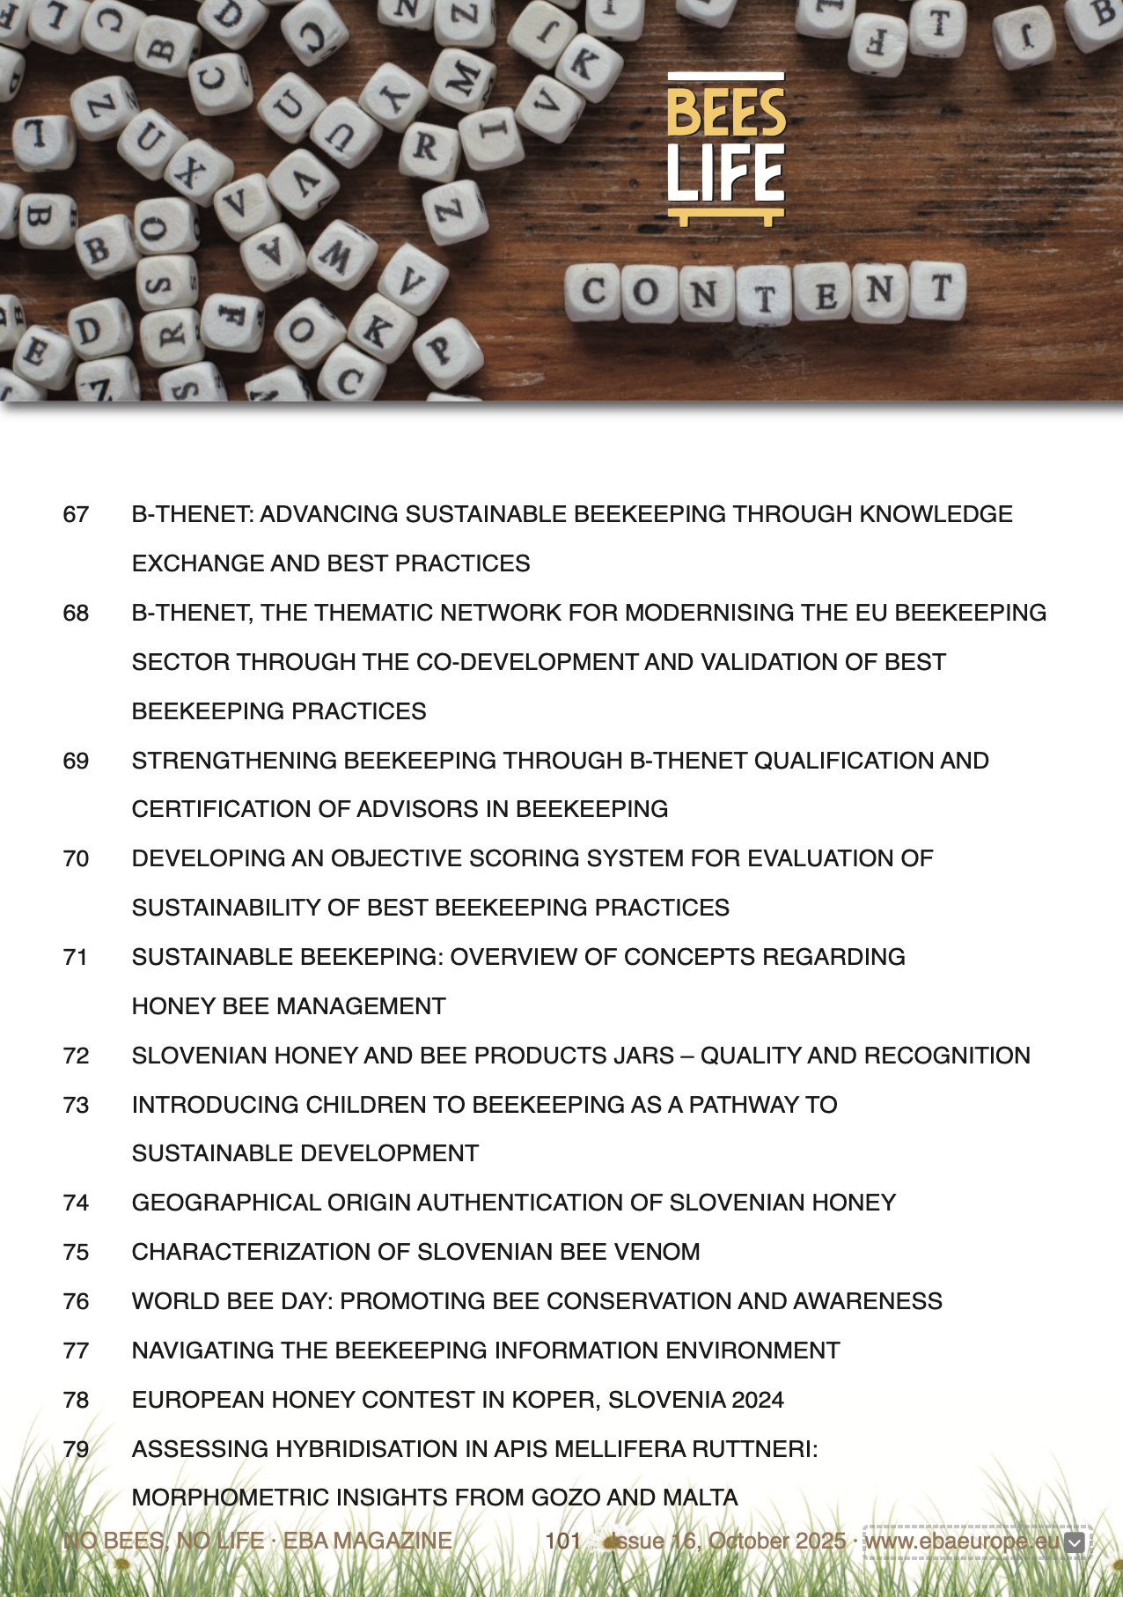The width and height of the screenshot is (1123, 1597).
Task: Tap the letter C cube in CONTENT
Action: click(x=594, y=291)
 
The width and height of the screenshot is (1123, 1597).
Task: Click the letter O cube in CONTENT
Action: click(x=646, y=291)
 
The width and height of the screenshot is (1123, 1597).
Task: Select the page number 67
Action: click(x=76, y=514)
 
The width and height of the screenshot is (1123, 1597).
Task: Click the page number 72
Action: click(x=76, y=1056)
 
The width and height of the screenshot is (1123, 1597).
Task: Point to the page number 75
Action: click(x=76, y=1252)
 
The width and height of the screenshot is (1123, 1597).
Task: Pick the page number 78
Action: click(x=76, y=1400)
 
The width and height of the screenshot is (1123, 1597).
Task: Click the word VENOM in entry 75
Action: click(x=657, y=1252)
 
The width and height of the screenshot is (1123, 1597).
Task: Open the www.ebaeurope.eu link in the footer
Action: click(x=963, y=1542)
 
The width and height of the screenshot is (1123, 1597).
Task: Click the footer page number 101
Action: click(x=562, y=1542)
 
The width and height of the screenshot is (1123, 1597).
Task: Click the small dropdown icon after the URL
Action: click(x=1075, y=1542)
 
